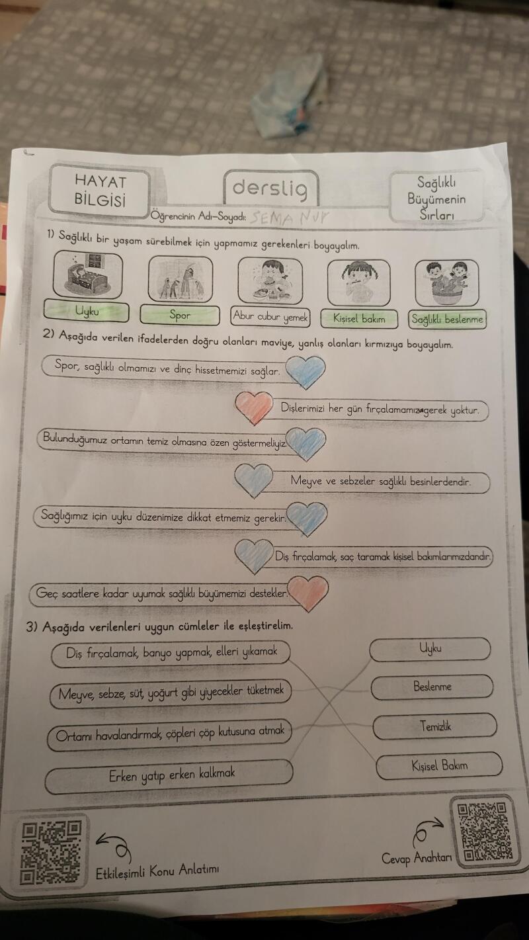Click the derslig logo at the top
click(x=270, y=189)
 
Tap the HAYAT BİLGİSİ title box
click(x=101, y=191)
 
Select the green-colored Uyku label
click(x=86, y=311)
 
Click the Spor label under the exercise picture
click(x=180, y=315)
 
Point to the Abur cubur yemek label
click(x=270, y=317)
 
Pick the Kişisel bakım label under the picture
click(x=359, y=318)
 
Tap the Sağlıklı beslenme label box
click(x=448, y=320)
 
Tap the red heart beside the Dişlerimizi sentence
click(x=254, y=407)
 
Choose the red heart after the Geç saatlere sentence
click(x=309, y=593)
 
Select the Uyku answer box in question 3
click(x=430, y=649)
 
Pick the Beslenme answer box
click(x=432, y=687)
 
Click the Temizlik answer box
click(x=434, y=726)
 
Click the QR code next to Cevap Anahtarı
click(x=485, y=830)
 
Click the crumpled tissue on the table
click(x=290, y=97)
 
